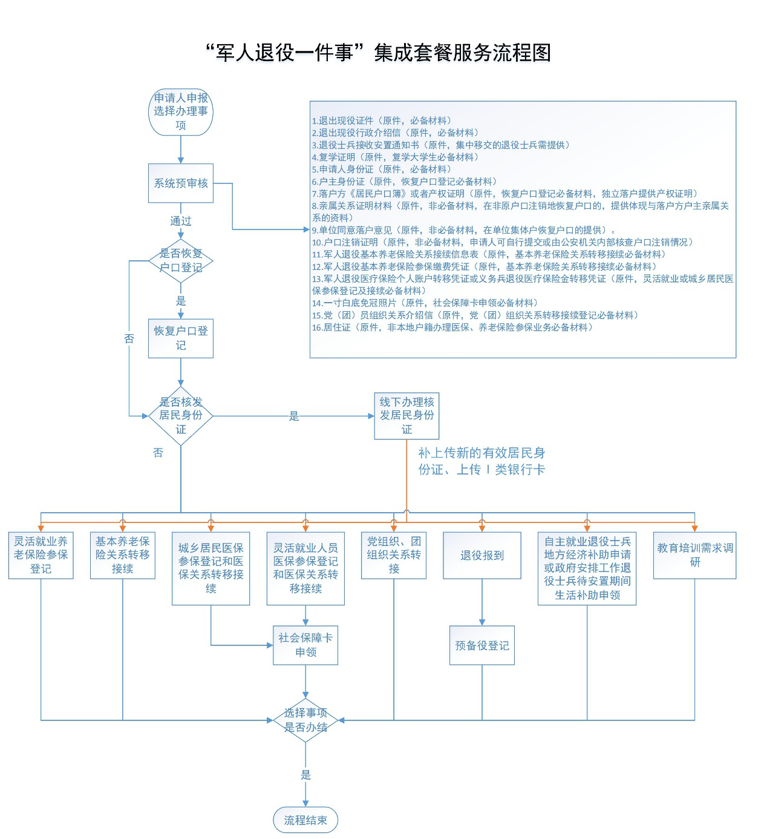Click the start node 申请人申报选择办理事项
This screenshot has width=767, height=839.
180,112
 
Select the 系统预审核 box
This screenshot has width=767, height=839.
180,183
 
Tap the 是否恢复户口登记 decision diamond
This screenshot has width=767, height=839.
180,260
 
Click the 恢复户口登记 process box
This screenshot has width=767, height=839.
180,338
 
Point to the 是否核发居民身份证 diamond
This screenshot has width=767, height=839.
180,416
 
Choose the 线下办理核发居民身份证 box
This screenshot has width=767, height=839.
406,416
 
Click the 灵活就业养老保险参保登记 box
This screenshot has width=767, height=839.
41,555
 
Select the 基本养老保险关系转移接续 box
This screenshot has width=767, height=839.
122,555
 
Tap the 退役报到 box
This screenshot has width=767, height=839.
481,555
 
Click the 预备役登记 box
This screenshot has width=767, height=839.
481,645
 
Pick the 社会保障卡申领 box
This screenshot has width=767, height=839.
305,645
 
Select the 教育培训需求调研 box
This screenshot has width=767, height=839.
694,555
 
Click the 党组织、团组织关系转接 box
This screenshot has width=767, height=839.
394,555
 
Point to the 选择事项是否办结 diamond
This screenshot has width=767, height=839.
305,720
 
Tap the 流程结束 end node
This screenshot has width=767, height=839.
305,820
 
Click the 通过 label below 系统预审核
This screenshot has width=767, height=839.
180,221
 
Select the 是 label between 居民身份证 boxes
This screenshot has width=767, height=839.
294,416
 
